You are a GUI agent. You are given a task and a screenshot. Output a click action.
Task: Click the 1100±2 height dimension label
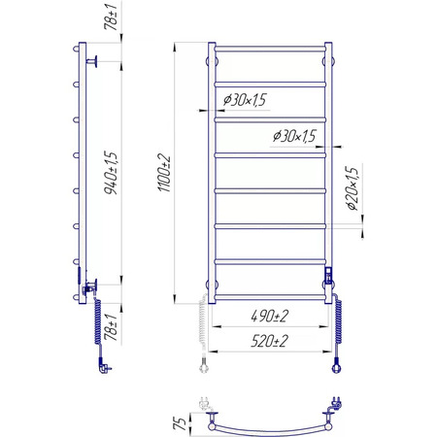tap(164, 173)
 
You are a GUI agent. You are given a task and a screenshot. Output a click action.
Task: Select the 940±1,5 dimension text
tap(111, 173)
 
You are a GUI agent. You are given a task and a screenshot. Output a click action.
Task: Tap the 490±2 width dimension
tap(270, 316)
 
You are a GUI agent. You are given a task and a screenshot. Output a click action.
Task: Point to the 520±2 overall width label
tap(269, 341)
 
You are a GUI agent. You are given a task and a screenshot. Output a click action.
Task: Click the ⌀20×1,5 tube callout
tap(353, 188)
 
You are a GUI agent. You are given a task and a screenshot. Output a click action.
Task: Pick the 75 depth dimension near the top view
tap(180, 423)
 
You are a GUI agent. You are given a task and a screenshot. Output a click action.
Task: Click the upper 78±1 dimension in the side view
tap(111, 17)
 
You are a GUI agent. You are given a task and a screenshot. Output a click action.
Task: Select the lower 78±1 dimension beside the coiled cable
tap(111, 327)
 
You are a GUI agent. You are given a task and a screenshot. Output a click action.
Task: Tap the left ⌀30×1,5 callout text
tap(245, 100)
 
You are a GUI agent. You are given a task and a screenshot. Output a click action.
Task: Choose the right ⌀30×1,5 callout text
tap(294, 136)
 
